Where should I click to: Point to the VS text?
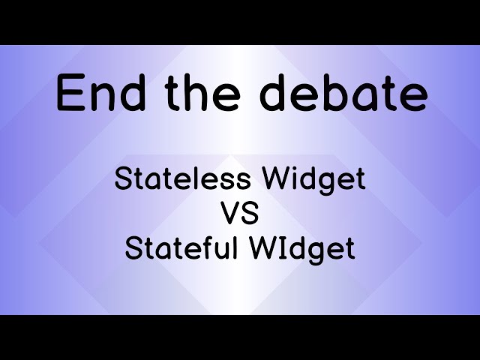(x=240, y=214)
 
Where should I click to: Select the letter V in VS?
(x=230, y=214)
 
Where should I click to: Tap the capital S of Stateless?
(x=121, y=179)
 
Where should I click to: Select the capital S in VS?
(x=250, y=214)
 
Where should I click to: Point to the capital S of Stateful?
(x=133, y=248)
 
